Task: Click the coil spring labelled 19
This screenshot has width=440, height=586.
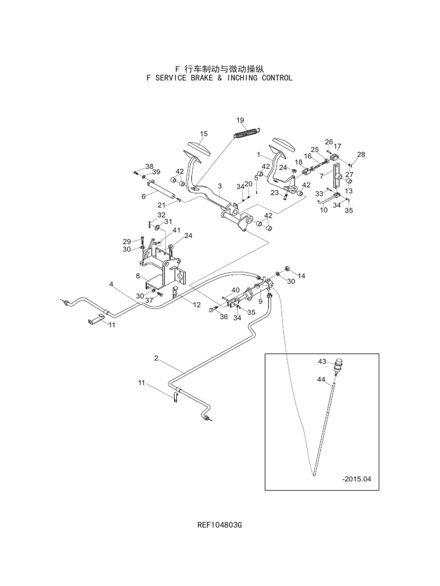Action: coord(247,133)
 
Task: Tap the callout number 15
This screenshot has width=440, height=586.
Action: coord(203,133)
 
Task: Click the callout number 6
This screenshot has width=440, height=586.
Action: coord(144,196)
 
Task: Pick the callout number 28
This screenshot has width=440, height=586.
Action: coord(360,155)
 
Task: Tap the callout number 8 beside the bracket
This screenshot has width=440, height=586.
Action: coord(138,276)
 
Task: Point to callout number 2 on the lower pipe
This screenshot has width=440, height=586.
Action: coord(156,358)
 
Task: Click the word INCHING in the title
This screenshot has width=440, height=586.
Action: coord(238,78)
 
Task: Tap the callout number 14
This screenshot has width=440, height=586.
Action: coord(301,275)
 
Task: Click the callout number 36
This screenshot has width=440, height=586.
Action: coord(224,316)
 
